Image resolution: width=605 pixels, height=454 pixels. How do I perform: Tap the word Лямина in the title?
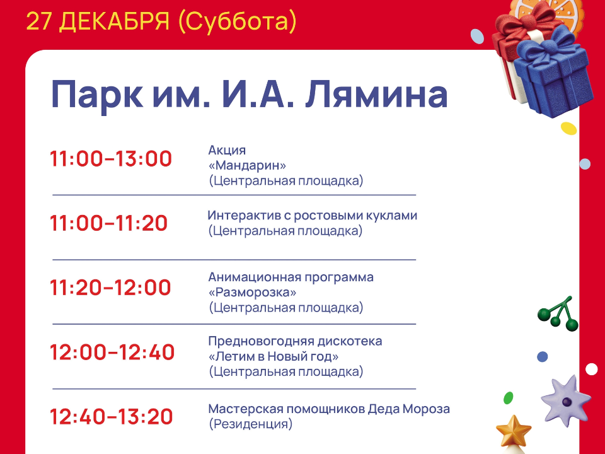pos(376,95)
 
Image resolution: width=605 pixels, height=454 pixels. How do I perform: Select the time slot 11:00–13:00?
pos(111,159)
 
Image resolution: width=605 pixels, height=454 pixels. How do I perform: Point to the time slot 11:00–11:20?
pos(109,223)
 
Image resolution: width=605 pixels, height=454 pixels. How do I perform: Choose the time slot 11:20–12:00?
pos(110,288)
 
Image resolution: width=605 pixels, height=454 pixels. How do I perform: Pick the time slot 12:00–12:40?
pos(112,352)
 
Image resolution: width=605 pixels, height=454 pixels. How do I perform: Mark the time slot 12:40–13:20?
pos(111,417)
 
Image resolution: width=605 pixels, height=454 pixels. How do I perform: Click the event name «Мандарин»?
pos(247,166)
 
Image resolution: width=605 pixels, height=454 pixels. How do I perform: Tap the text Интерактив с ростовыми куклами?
pos(313,216)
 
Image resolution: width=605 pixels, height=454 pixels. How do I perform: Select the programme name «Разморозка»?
pos(252,293)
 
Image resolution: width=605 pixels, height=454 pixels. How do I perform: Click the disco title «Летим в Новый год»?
pos(274,357)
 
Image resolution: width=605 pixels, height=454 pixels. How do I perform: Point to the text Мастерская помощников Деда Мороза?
pos(329,409)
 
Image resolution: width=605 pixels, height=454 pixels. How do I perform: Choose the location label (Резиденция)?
pos(250,424)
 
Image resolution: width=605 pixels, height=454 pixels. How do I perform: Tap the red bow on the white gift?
pos(516,35)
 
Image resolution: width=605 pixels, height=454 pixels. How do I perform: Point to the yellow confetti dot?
pos(568,129)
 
